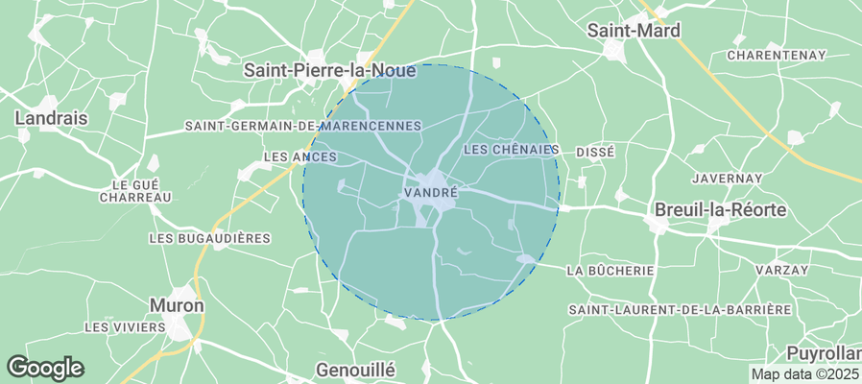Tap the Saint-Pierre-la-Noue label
(x=329, y=70)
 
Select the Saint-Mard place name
(x=634, y=31)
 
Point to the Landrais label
(x=52, y=118)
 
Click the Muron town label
(x=177, y=305)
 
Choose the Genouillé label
(x=355, y=369)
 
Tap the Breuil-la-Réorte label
(x=720, y=209)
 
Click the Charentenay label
(x=777, y=56)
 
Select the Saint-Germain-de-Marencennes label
(x=303, y=126)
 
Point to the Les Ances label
(x=299, y=156)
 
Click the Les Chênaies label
(x=511, y=150)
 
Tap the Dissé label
(x=594, y=153)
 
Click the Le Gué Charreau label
(x=135, y=190)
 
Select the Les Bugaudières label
(x=210, y=238)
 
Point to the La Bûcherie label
(x=611, y=271)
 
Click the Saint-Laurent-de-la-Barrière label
(x=679, y=309)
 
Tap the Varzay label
(x=781, y=271)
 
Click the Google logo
(x=45, y=367)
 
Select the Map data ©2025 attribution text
(x=804, y=374)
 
